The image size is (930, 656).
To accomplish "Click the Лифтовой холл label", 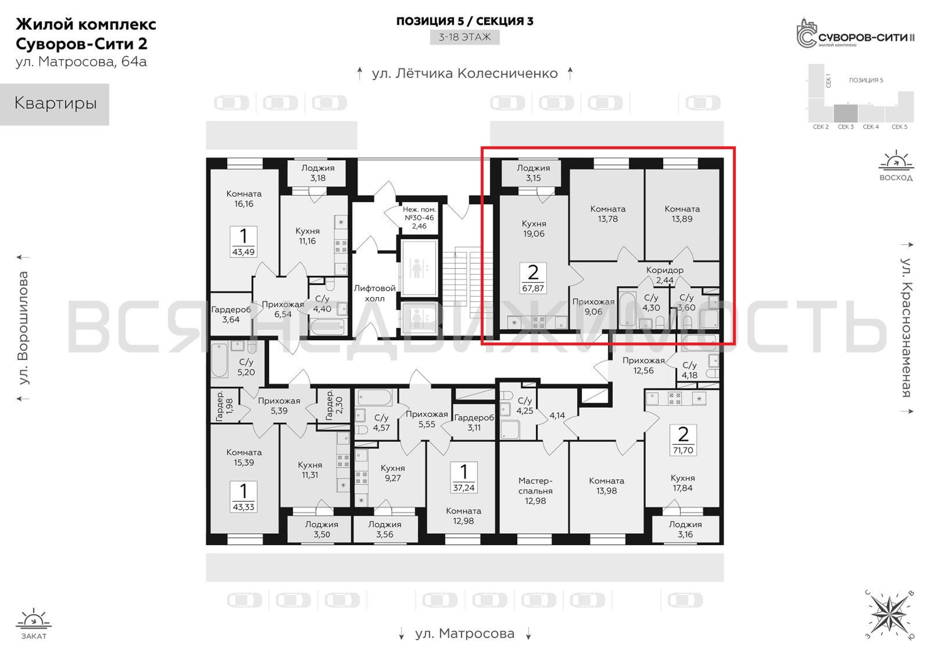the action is click(x=374, y=294).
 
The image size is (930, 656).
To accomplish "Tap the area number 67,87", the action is click(x=533, y=288).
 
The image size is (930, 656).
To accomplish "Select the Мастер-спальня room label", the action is click(x=535, y=490).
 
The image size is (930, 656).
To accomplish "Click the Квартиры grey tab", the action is click(x=55, y=104).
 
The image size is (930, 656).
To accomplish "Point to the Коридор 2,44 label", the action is click(x=665, y=275).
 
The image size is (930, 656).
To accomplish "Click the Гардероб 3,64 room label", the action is click(x=231, y=315).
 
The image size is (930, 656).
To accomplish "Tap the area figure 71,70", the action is click(x=683, y=450).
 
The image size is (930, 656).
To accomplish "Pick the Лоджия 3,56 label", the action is click(x=385, y=529).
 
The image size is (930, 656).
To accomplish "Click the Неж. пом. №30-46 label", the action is click(x=419, y=218).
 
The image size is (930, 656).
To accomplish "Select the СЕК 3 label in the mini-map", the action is click(x=846, y=127).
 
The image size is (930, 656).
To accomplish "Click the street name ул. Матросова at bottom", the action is click(x=465, y=633).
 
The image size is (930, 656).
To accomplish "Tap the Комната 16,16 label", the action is click(x=244, y=199).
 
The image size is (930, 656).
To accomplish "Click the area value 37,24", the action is click(x=464, y=488).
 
